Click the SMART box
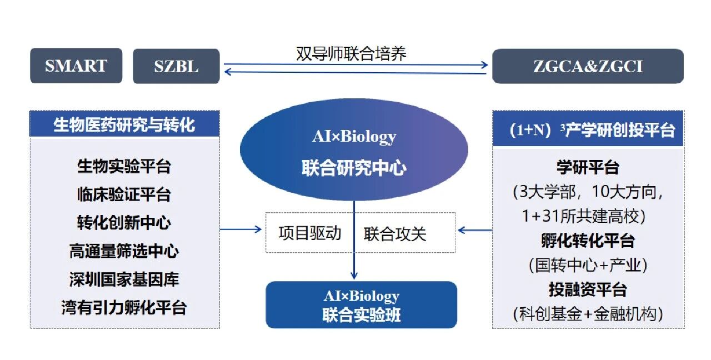coord(76,66)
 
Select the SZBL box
coord(176,67)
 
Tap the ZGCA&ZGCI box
coord(588,67)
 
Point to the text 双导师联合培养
coord(352,53)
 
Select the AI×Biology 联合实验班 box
coord(361,305)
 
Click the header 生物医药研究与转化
coord(124,124)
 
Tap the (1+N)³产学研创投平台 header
coord(588,130)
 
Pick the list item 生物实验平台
coord(124,166)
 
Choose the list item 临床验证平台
coord(124,194)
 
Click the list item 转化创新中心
coord(124,222)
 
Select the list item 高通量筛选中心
coord(124,251)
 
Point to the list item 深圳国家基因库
coord(124,279)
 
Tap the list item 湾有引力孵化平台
coord(124,307)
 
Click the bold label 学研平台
coord(588,166)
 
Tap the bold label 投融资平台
coord(588,289)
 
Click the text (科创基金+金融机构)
coord(588,314)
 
